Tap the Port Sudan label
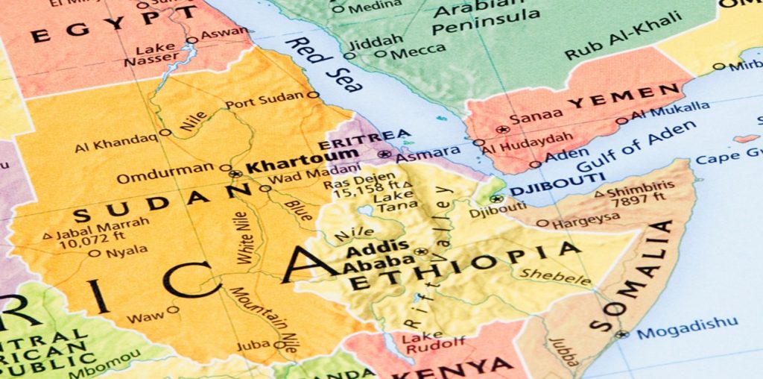pos(265,100)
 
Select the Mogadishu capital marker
pos(621,334)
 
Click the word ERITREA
pos(364,140)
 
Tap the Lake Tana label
pos(388,201)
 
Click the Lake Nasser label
pos(156,54)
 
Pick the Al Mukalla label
pos(670,111)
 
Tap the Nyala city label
pos(126,252)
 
